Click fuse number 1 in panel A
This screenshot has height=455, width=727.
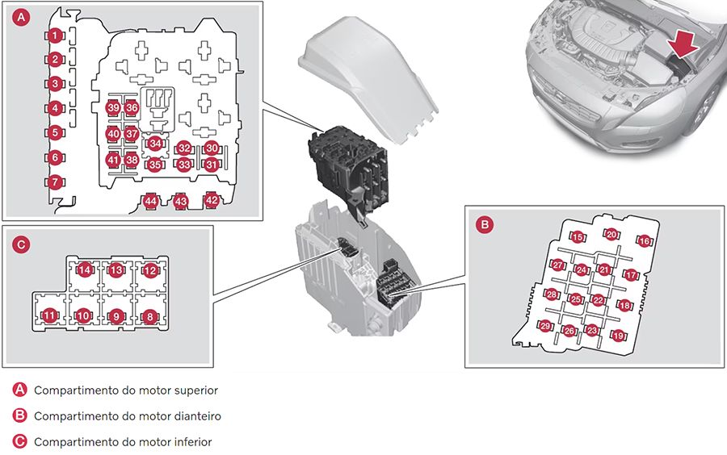[x=55, y=35]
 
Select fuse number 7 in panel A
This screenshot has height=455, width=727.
[x=55, y=182]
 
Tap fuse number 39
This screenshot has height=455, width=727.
[x=113, y=108]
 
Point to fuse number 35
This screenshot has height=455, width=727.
[x=155, y=165]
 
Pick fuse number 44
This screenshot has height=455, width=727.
[x=151, y=202]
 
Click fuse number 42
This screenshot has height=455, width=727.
[x=212, y=200]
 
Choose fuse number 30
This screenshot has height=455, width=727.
[x=212, y=148]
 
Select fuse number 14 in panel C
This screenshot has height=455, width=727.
[x=84, y=269]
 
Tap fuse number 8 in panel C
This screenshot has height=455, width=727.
[x=149, y=316]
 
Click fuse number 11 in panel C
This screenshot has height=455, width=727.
[x=50, y=315]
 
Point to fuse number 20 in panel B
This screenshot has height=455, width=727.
[x=612, y=234]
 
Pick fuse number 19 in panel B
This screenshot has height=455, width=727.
[x=618, y=336]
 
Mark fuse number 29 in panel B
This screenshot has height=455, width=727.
[x=545, y=326]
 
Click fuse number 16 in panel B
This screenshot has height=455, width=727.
[x=645, y=240]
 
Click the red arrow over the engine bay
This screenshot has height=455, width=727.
[x=683, y=45]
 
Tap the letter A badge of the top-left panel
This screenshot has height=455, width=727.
[x=21, y=18]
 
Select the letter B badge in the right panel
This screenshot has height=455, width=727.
[x=485, y=224]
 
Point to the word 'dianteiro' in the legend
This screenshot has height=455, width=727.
[x=198, y=416]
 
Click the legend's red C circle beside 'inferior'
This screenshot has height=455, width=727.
[x=19, y=441]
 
